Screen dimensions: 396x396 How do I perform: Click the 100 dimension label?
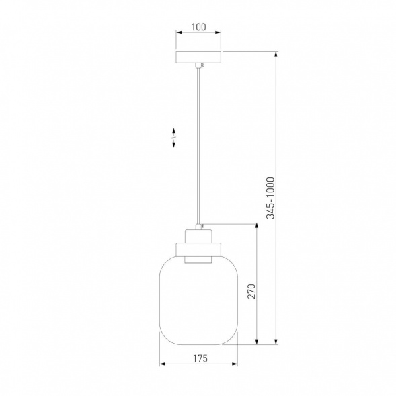click(x=198, y=27)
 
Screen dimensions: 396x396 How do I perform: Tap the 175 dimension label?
click(x=200, y=358)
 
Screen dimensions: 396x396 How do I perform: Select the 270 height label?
click(x=251, y=291)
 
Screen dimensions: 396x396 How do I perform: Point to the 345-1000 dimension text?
click(x=270, y=198)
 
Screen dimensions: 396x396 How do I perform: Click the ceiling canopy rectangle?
click(x=198, y=57)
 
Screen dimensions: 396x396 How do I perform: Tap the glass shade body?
click(x=198, y=300)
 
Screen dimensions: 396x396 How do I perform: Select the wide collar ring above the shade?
click(x=198, y=249)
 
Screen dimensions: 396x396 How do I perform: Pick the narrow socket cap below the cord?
click(x=198, y=236)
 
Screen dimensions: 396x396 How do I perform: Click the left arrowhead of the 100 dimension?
click(x=179, y=32)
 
